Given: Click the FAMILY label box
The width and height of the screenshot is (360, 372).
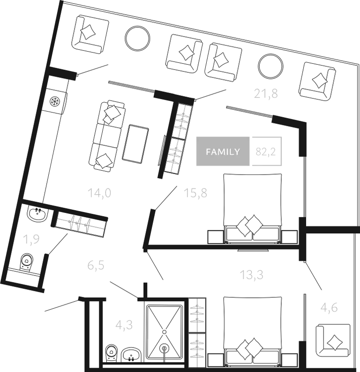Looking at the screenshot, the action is [x=223, y=152].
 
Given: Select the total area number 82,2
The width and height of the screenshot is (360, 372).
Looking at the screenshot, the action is [x=266, y=152].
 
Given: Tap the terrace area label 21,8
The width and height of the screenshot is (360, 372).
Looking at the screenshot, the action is [x=266, y=93].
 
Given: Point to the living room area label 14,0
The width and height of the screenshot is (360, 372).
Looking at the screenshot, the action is [x=99, y=193].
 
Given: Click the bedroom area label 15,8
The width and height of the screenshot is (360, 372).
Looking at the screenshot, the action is [x=195, y=193].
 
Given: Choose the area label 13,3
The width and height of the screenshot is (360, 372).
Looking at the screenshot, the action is [x=251, y=275].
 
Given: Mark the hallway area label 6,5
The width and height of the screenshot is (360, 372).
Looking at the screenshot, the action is [x=96, y=265].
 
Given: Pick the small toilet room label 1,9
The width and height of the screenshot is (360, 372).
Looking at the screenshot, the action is [x=31, y=239].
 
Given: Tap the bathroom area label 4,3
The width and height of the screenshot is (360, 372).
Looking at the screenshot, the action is [x=124, y=325].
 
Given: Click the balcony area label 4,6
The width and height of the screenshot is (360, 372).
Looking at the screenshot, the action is [x=329, y=308].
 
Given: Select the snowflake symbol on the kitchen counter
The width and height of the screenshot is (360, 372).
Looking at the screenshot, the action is [x=55, y=101].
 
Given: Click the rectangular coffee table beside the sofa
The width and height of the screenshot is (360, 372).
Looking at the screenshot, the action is [x=135, y=144].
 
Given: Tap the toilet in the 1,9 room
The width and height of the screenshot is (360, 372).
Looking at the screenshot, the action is [x=26, y=262].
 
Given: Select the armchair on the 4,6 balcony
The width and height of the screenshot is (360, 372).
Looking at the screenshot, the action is [x=333, y=341].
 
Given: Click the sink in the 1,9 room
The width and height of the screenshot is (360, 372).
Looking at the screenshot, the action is [x=37, y=213].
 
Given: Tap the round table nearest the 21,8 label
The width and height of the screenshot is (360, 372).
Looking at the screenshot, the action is [x=270, y=67].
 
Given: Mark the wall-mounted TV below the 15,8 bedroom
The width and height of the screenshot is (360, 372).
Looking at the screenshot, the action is [x=253, y=250].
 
